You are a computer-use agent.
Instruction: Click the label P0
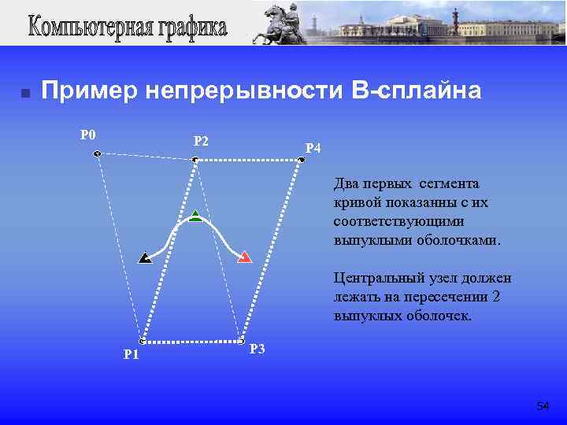87,134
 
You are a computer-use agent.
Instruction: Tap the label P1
132,354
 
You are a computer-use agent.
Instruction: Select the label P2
201,142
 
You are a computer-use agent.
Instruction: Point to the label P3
257,349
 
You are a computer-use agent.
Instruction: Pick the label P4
313,148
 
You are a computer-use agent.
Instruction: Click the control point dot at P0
96,153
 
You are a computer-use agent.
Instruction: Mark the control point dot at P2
195,160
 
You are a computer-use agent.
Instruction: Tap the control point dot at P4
302,160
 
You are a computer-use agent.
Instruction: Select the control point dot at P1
142,342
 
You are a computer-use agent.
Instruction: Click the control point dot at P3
241,341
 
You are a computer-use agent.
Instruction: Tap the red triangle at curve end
244,257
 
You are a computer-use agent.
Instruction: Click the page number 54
543,406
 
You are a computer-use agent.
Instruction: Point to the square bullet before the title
25,94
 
